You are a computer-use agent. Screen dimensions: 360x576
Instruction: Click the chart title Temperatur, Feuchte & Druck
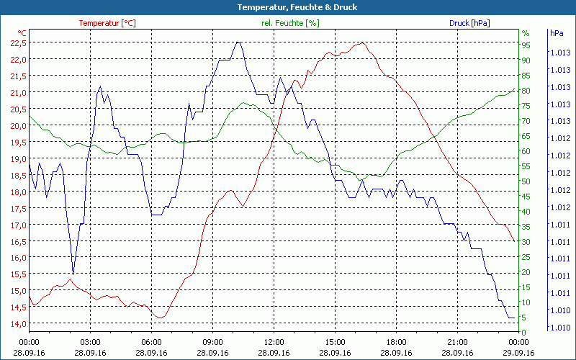coord(287,7)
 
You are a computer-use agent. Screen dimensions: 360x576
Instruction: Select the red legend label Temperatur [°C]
coord(107,23)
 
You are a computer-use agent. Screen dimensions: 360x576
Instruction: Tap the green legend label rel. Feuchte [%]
coord(289,23)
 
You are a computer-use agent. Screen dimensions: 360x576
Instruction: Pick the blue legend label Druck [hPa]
coord(469,23)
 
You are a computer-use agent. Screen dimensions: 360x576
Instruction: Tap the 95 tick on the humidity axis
coord(526,45)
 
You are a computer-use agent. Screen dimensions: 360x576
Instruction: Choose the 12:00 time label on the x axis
coord(274,342)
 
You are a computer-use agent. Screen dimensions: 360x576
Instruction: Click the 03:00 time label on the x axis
coord(90,342)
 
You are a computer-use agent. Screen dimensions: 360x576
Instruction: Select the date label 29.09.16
coord(518,353)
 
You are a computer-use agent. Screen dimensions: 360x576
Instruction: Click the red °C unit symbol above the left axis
coord(22,33)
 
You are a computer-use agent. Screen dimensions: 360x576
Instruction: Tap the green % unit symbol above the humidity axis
coord(526,33)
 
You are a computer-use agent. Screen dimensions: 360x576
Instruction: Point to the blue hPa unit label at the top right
coord(556,33)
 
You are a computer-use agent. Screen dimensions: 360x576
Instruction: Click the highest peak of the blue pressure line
coord(238,42)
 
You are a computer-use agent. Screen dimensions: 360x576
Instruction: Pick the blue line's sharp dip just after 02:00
coord(73,273)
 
